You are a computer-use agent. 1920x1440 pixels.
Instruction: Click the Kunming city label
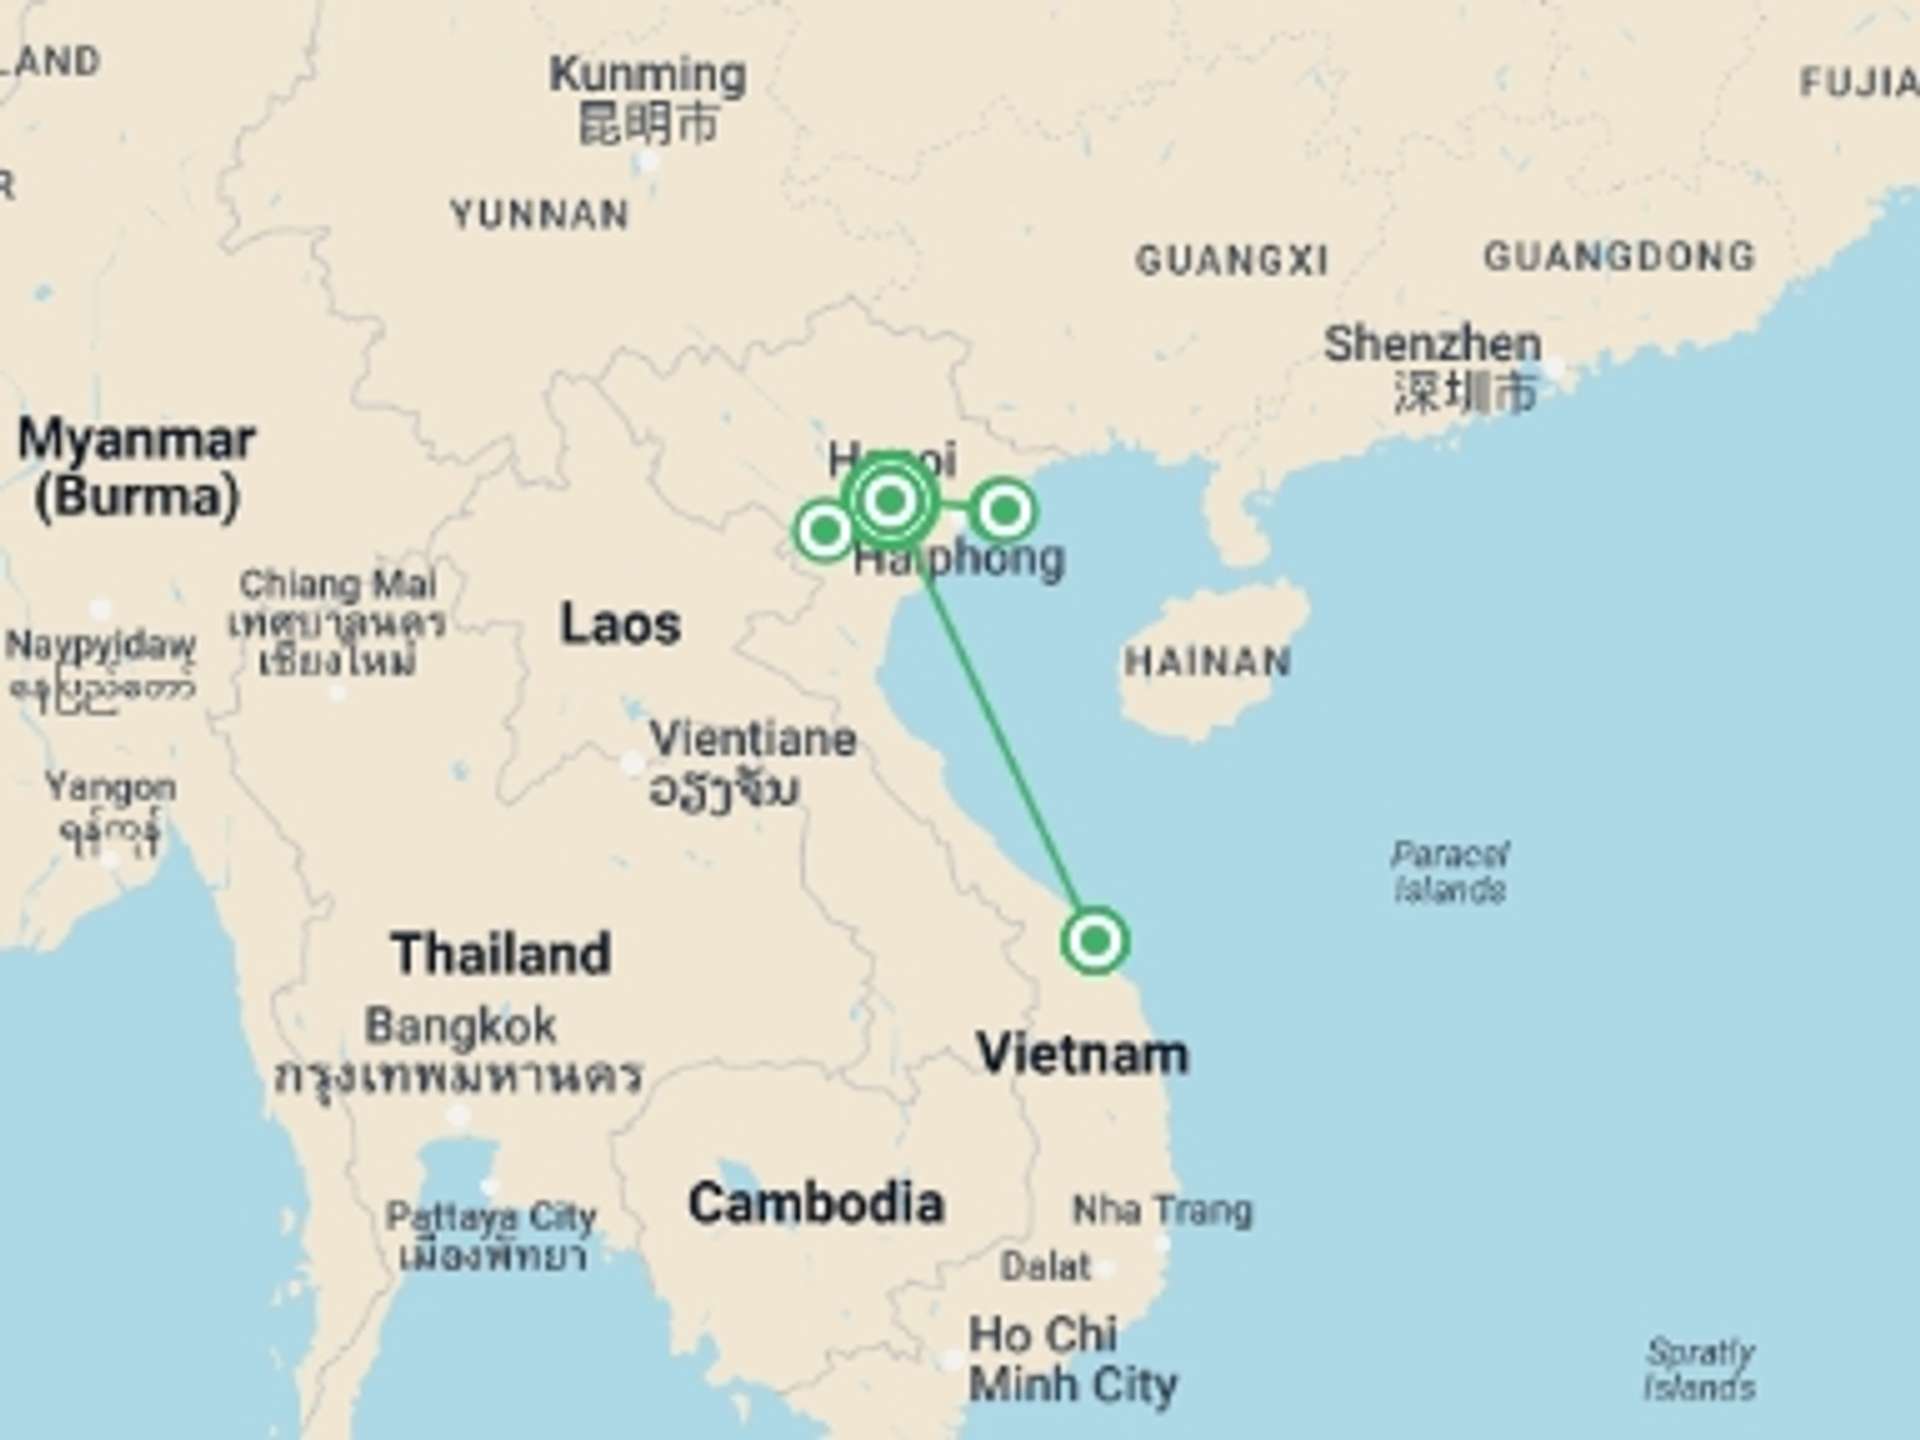(648, 98)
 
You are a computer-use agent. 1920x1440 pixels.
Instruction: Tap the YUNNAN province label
(540, 215)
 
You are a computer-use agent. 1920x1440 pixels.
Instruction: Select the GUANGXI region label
(1232, 261)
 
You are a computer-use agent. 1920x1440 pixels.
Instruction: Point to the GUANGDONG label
(1619, 256)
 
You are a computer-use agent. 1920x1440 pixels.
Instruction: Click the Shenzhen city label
(1432, 366)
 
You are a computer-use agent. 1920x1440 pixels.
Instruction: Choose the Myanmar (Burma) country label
(137, 468)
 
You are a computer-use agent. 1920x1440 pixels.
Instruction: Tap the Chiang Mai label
(337, 620)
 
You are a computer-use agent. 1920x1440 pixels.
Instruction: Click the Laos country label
(620, 624)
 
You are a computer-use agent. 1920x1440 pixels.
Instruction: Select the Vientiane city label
(752, 762)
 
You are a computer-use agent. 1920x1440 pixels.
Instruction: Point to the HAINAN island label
(1207, 662)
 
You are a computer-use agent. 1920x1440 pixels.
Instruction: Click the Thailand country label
(501, 953)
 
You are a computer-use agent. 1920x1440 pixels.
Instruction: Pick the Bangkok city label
(461, 1048)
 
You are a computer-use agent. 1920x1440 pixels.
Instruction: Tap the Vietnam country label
(1082, 1054)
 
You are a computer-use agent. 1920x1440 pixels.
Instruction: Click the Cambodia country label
(816, 1203)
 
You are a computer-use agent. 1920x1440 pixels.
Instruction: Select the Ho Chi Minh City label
(1072, 1360)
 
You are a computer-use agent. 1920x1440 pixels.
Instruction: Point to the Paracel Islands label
(1450, 872)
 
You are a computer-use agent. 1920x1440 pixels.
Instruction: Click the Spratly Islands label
(1700, 1369)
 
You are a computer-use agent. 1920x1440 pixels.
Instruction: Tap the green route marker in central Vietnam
(1095, 941)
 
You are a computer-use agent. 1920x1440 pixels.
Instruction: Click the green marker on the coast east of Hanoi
(1004, 510)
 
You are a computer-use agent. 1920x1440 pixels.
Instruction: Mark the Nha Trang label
(1162, 1211)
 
